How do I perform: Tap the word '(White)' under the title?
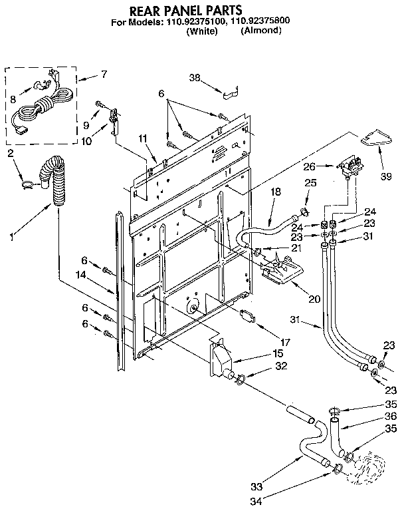(202, 31)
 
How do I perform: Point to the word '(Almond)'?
(259, 31)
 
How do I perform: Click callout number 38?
(194, 77)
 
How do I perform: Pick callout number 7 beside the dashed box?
(103, 75)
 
